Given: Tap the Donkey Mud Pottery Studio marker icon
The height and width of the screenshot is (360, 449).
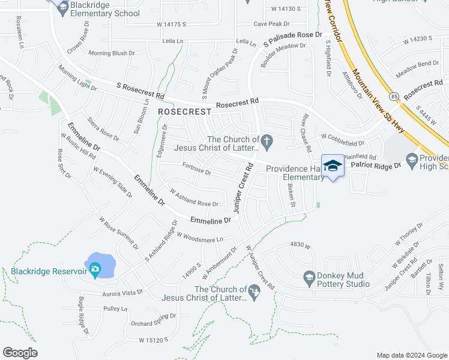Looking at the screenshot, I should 309,277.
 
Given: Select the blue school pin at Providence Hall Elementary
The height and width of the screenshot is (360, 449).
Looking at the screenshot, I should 333,166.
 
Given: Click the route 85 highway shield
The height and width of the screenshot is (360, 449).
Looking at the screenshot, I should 394,96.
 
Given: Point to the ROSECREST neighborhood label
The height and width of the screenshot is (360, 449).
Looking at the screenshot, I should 185,112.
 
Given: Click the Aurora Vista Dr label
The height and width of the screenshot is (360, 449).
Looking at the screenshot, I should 124,292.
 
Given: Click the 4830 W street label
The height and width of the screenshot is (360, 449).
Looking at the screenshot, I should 300,245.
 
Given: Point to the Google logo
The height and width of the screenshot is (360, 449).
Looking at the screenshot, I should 20,353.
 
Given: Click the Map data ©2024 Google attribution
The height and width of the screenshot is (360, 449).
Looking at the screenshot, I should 411,355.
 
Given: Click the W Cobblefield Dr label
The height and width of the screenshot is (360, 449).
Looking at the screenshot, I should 343,143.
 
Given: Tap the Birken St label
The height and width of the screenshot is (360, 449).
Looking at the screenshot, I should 292,196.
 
